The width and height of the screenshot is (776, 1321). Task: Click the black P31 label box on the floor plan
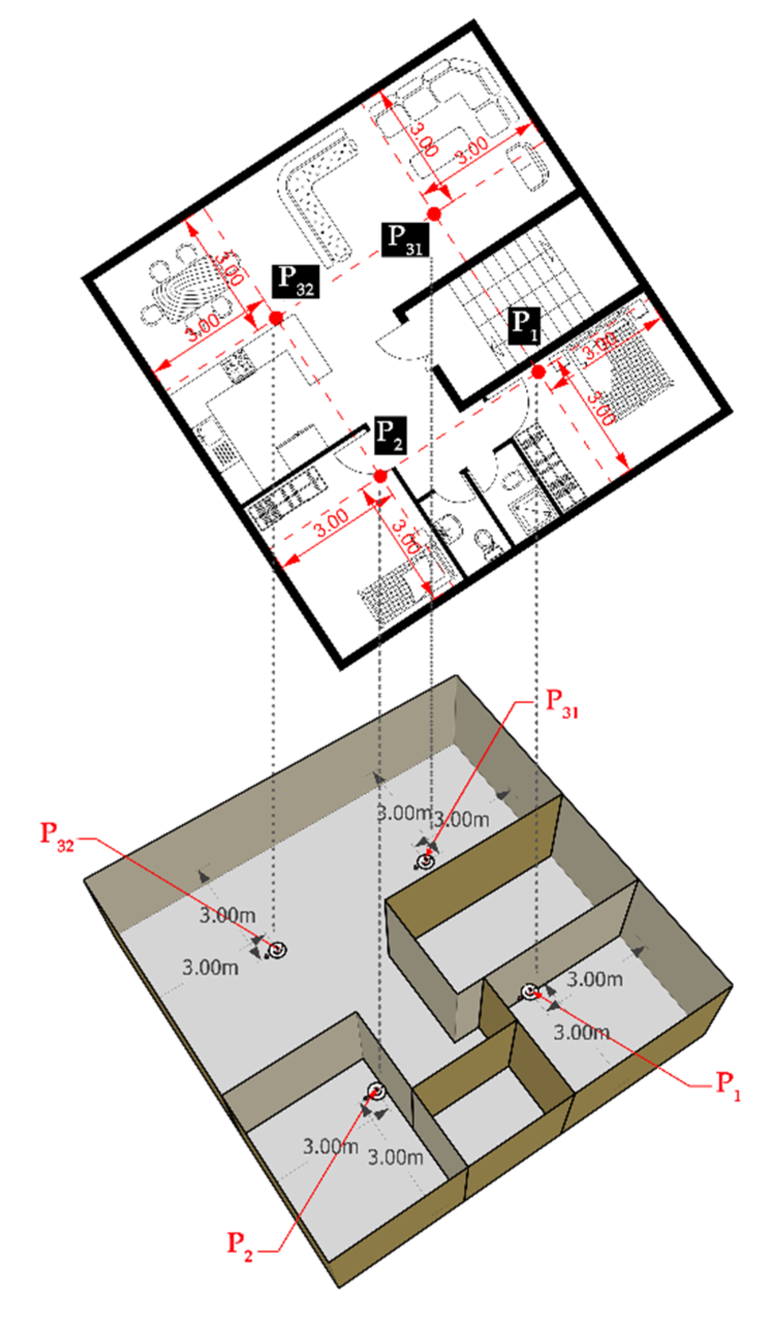pos(405,240)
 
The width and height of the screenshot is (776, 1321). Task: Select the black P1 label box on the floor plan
pos(524,326)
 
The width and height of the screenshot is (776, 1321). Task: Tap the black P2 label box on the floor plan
pos(390,435)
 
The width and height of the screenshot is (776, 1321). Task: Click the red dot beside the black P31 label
pos(434,214)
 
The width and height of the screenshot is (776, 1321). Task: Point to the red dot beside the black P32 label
pos(276,318)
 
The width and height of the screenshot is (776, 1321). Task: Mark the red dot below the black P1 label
pos(538,372)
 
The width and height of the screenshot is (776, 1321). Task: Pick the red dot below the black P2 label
pos(380,476)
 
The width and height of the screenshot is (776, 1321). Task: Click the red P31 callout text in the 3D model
pos(562,703)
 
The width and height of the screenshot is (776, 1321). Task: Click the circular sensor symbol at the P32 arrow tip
pos(278,949)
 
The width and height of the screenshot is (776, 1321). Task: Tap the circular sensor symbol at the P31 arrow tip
pos(425,861)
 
